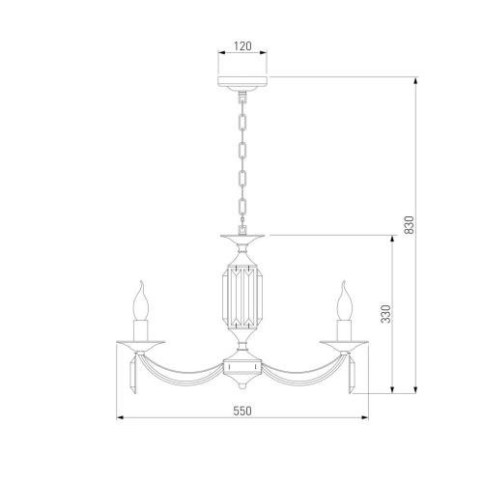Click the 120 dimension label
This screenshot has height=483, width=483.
pos(242,46)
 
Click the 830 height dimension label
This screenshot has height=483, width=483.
pos(409,225)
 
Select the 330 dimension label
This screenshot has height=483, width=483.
pos(385,314)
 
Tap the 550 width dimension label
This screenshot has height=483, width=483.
pos(242,412)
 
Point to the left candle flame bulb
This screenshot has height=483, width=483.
pos(141,300)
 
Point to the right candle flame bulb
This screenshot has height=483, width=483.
pos(344,300)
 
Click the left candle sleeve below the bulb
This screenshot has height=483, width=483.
pos(141,330)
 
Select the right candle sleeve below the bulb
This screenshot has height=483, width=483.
pos(344,330)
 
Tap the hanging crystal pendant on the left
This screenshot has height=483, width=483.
pos(133,375)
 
